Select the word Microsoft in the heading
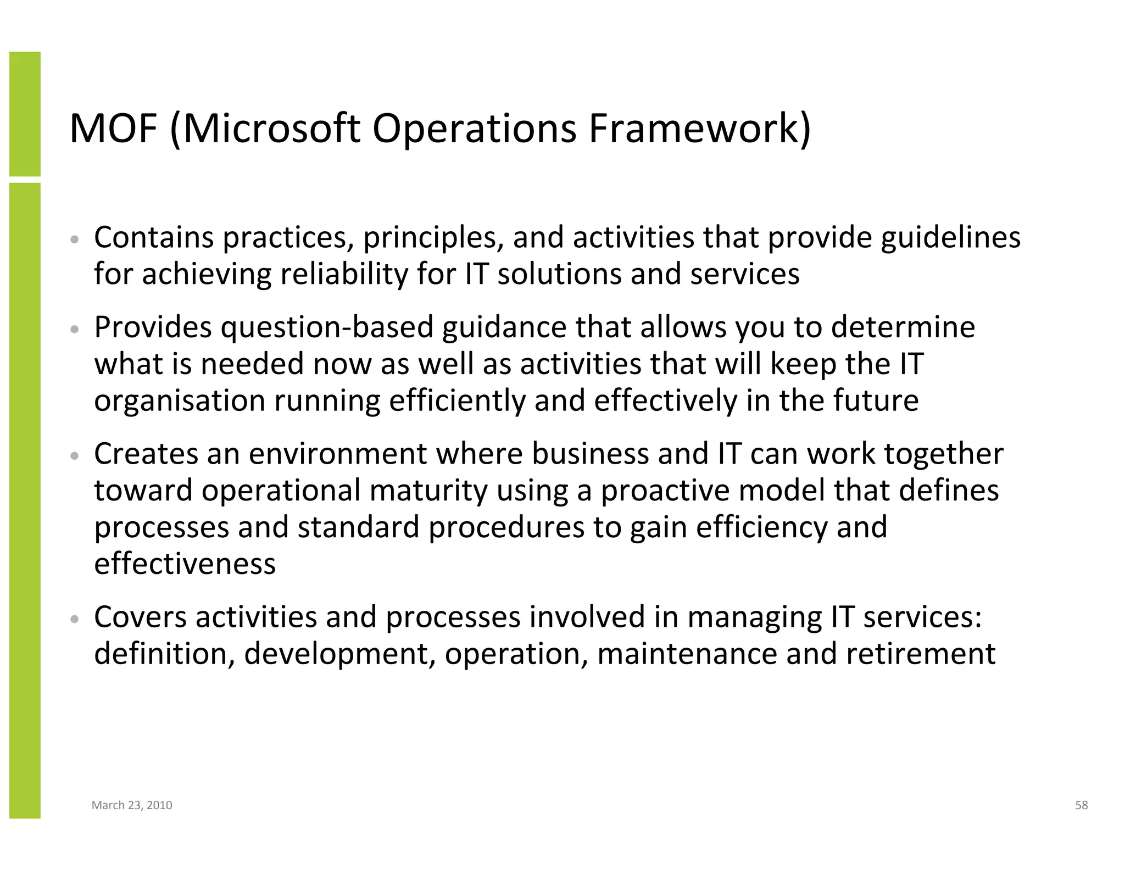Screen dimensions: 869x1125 pos(272,129)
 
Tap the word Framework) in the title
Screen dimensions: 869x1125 pos(699,129)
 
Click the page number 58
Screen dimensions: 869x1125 pos(1081,805)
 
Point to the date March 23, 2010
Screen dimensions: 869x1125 pos(132,805)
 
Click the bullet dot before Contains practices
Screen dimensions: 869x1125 pos(75,240)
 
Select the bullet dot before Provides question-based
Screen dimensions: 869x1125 pos(75,330)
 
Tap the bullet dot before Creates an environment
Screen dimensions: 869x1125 pos(75,456)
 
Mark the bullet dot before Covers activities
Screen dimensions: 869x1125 pos(75,619)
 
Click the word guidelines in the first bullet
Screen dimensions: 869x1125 pos(950,238)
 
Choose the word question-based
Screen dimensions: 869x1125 pos(327,328)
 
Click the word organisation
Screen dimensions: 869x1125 pos(180,400)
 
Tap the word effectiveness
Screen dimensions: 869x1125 pos(185,564)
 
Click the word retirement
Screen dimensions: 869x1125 pos(920,654)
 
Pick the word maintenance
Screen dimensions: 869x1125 pos(687,654)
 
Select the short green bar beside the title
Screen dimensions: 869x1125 pos(25,114)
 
